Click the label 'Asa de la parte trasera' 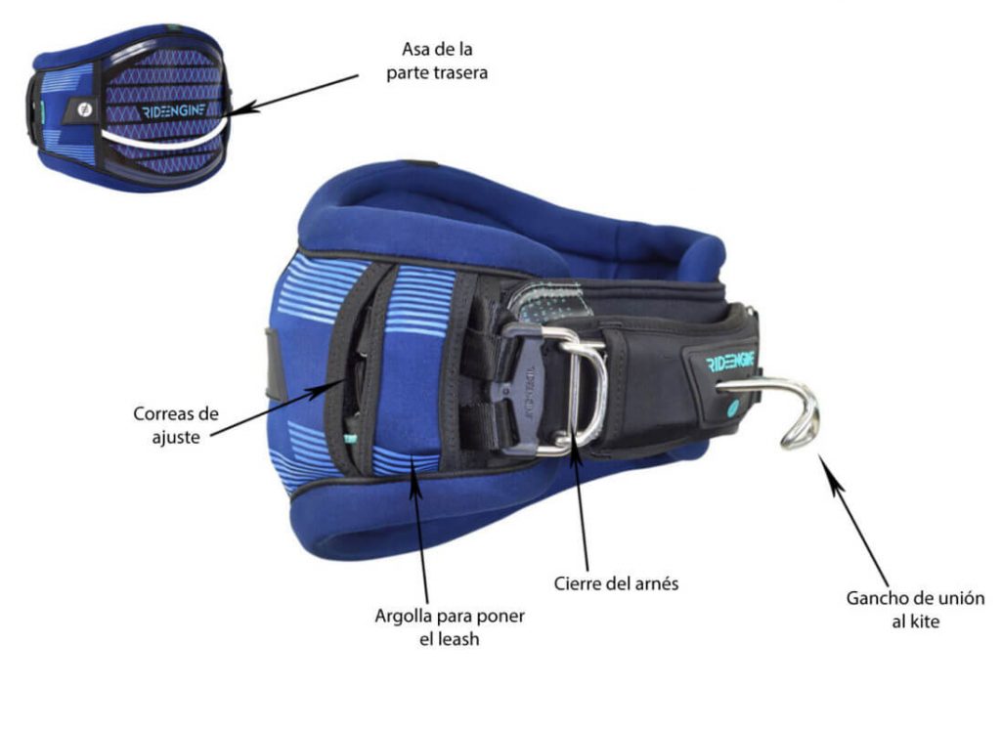click(437, 62)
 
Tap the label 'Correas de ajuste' click(176, 425)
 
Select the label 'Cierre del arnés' click(616, 583)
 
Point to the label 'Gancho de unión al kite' click(915, 610)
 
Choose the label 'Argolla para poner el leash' click(450, 627)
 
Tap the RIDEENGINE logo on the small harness click(174, 111)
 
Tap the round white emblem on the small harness click(84, 109)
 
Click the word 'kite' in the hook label click(925, 621)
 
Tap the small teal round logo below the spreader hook click(732, 407)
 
